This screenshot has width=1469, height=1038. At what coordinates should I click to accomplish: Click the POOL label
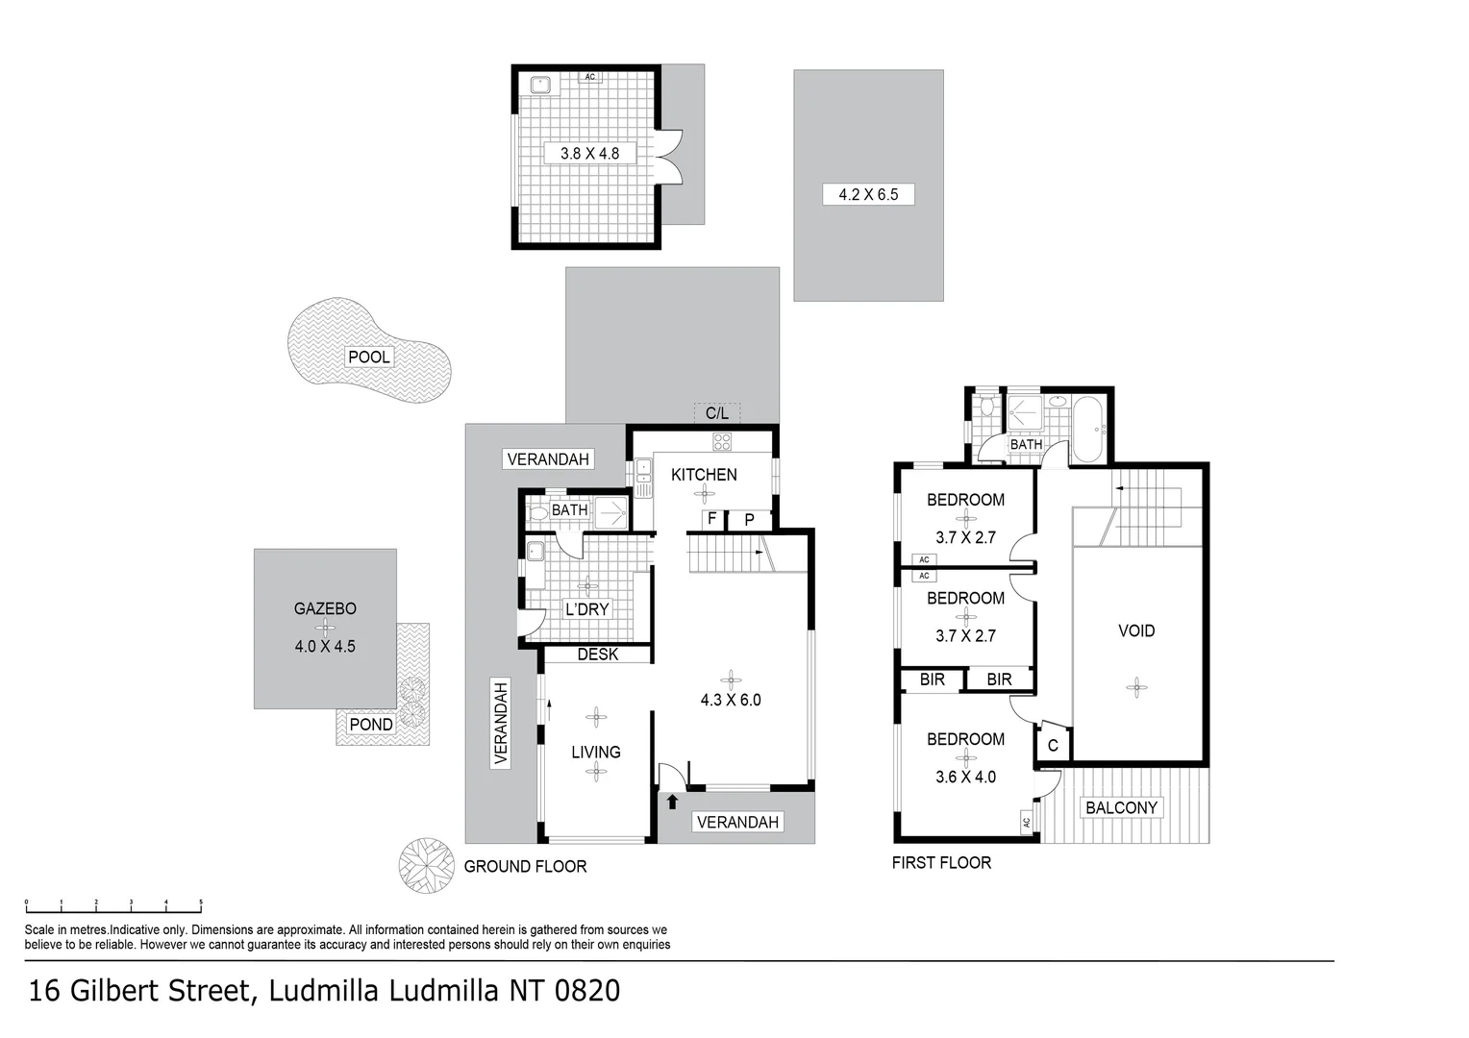tap(369, 357)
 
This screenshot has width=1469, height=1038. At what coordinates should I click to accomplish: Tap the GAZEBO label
tap(325, 608)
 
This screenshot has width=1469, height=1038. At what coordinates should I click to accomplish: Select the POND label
tap(371, 725)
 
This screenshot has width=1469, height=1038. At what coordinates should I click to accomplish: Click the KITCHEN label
tap(704, 474)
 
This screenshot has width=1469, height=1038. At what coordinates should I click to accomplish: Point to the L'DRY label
tap(586, 609)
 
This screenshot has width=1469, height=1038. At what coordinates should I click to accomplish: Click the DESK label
tap(598, 655)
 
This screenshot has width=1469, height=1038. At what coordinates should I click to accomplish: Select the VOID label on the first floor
tap(1136, 630)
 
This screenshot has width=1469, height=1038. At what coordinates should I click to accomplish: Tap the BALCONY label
tap(1121, 807)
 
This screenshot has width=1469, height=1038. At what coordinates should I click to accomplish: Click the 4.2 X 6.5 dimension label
tap(868, 194)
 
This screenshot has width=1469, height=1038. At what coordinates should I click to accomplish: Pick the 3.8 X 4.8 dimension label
tap(589, 153)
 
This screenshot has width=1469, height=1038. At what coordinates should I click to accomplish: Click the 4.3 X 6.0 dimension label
tap(731, 700)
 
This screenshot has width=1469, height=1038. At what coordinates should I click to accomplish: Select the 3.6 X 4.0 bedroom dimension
tap(965, 777)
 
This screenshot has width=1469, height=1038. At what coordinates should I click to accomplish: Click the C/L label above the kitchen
tap(717, 413)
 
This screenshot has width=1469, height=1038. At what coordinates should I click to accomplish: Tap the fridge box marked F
tap(712, 519)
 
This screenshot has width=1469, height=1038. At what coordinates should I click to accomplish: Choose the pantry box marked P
tap(750, 520)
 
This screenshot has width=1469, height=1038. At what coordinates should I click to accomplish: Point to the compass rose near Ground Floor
tap(426, 865)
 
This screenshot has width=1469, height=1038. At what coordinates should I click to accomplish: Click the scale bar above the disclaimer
tap(113, 905)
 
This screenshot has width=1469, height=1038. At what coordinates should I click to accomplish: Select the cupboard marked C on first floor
tap(1053, 745)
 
